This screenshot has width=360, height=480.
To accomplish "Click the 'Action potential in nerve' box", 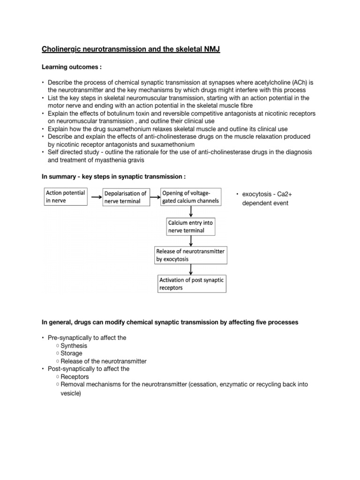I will pyautogui.click(x=66, y=197).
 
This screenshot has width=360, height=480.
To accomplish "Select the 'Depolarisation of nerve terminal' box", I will pyautogui.click(x=125, y=197).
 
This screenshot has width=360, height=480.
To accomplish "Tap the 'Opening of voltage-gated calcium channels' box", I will pyautogui.click(x=190, y=197).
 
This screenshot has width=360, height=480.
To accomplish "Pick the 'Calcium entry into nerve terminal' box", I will pyautogui.click(x=190, y=227).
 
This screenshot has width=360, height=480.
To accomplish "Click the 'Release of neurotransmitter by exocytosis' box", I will pyautogui.click(x=190, y=255).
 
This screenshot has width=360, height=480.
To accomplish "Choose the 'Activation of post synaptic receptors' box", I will pyautogui.click(x=191, y=284).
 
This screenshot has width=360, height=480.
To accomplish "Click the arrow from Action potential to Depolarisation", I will pyautogui.click(x=95, y=197).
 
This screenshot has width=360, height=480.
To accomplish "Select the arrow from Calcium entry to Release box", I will pyautogui.click(x=190, y=241).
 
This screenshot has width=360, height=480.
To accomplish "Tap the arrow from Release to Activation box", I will pyautogui.click(x=190, y=269).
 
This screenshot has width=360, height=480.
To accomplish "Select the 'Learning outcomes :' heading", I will pyautogui.click(x=72, y=67).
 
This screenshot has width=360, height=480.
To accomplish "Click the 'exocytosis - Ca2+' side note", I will pyautogui.click(x=264, y=194).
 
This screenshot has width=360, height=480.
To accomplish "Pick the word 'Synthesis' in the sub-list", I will pyautogui.click(x=74, y=345).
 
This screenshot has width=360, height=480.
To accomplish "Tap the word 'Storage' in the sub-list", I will pyautogui.click(x=72, y=353).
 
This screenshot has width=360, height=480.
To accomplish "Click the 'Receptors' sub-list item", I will pyautogui.click(x=75, y=376).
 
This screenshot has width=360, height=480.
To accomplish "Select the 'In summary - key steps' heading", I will pyautogui.click(x=113, y=176).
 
